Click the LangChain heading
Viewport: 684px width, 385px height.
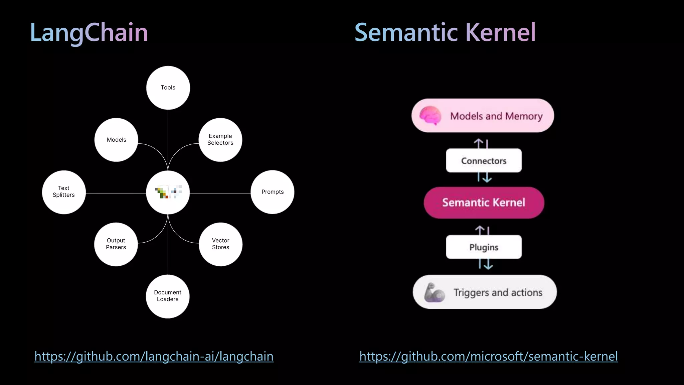click(x=89, y=32)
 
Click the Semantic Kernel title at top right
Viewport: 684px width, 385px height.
click(x=445, y=32)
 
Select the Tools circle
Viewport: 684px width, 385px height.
click(x=168, y=88)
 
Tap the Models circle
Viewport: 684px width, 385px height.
click(x=116, y=140)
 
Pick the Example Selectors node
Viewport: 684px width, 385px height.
click(x=220, y=140)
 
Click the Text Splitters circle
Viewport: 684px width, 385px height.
click(x=64, y=192)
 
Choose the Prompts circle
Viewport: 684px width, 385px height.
click(x=273, y=192)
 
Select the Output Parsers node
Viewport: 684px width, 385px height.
click(x=116, y=244)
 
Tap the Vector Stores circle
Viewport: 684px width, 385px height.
click(x=220, y=244)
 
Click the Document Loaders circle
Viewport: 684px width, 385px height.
click(x=168, y=296)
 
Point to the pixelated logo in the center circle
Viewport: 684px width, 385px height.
click(x=168, y=192)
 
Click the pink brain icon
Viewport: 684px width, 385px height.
click(x=430, y=116)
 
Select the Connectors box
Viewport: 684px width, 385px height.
click(x=484, y=161)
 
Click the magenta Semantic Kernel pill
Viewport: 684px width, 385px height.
click(x=484, y=203)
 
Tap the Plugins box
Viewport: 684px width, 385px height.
click(x=484, y=247)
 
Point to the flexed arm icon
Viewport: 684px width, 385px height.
click(x=434, y=292)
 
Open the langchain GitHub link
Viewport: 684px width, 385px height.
click(x=154, y=356)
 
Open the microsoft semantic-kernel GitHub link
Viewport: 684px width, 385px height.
click(x=489, y=356)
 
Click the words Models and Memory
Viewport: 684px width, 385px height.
click(x=496, y=116)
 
